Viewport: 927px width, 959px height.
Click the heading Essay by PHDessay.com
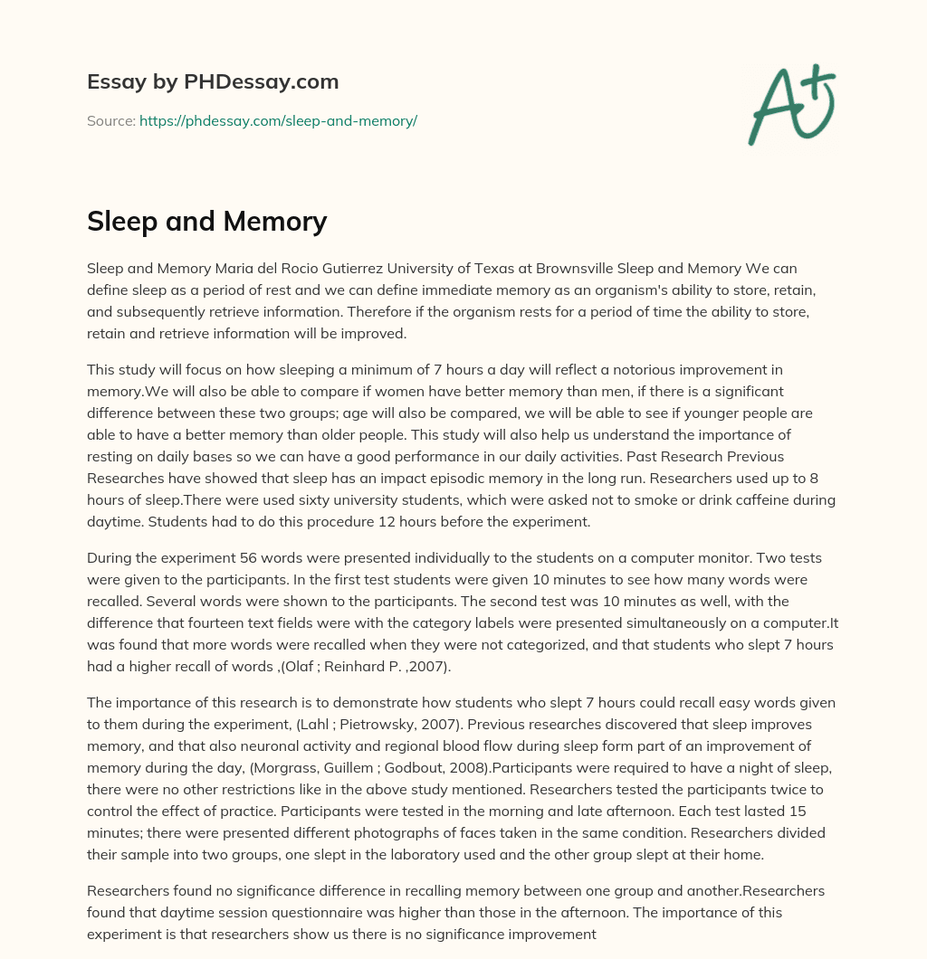pyautogui.click(x=213, y=81)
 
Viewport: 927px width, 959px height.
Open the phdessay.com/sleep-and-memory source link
pyautogui.click(x=278, y=120)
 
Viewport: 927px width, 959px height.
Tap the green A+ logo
pyautogui.click(x=791, y=104)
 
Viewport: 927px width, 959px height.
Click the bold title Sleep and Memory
pyautogui.click(x=206, y=221)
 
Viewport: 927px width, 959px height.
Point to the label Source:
pyautogui.click(x=110, y=120)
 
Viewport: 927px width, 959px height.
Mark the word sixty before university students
pyautogui.click(x=257, y=499)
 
